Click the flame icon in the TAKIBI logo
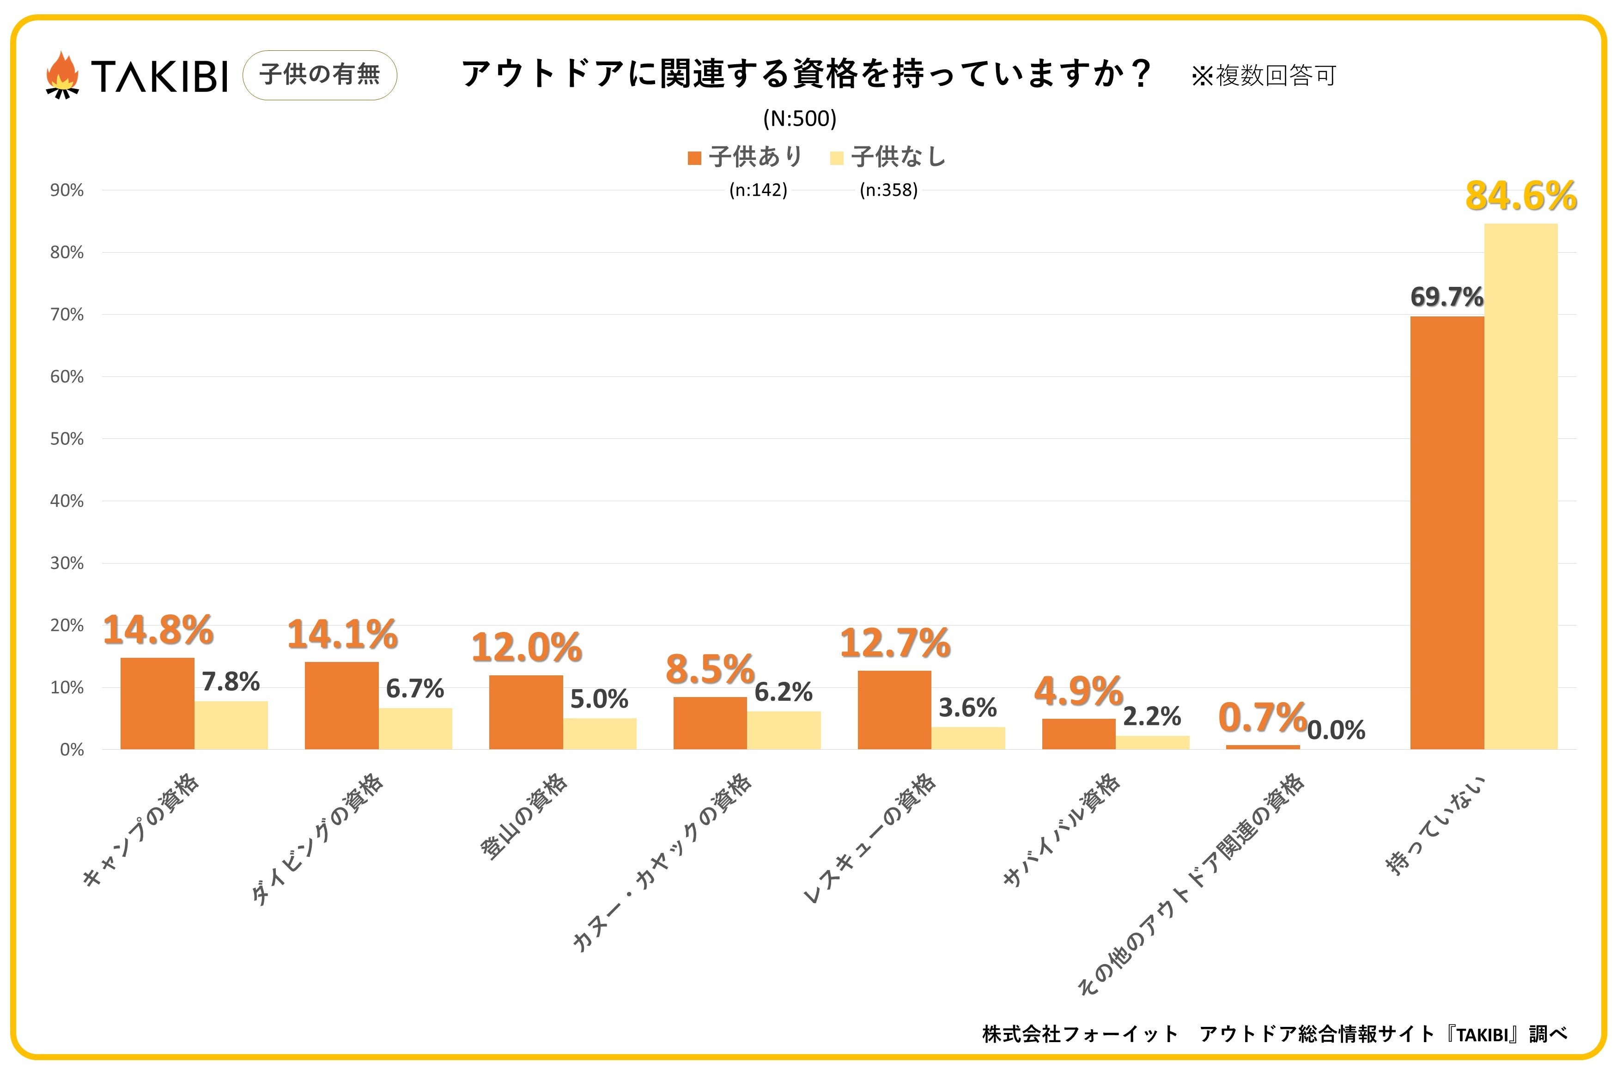(x=61, y=75)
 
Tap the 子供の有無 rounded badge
(x=320, y=75)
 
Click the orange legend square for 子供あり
(x=694, y=158)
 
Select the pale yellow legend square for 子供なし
(x=836, y=158)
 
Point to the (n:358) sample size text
(x=888, y=190)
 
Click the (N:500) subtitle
(x=799, y=119)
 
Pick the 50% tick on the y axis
(x=67, y=439)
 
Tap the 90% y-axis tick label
(x=67, y=190)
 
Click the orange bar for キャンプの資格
(x=158, y=704)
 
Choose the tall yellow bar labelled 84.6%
(x=1520, y=486)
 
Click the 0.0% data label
(x=1336, y=730)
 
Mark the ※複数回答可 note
(x=1264, y=75)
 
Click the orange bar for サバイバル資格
(x=1079, y=734)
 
